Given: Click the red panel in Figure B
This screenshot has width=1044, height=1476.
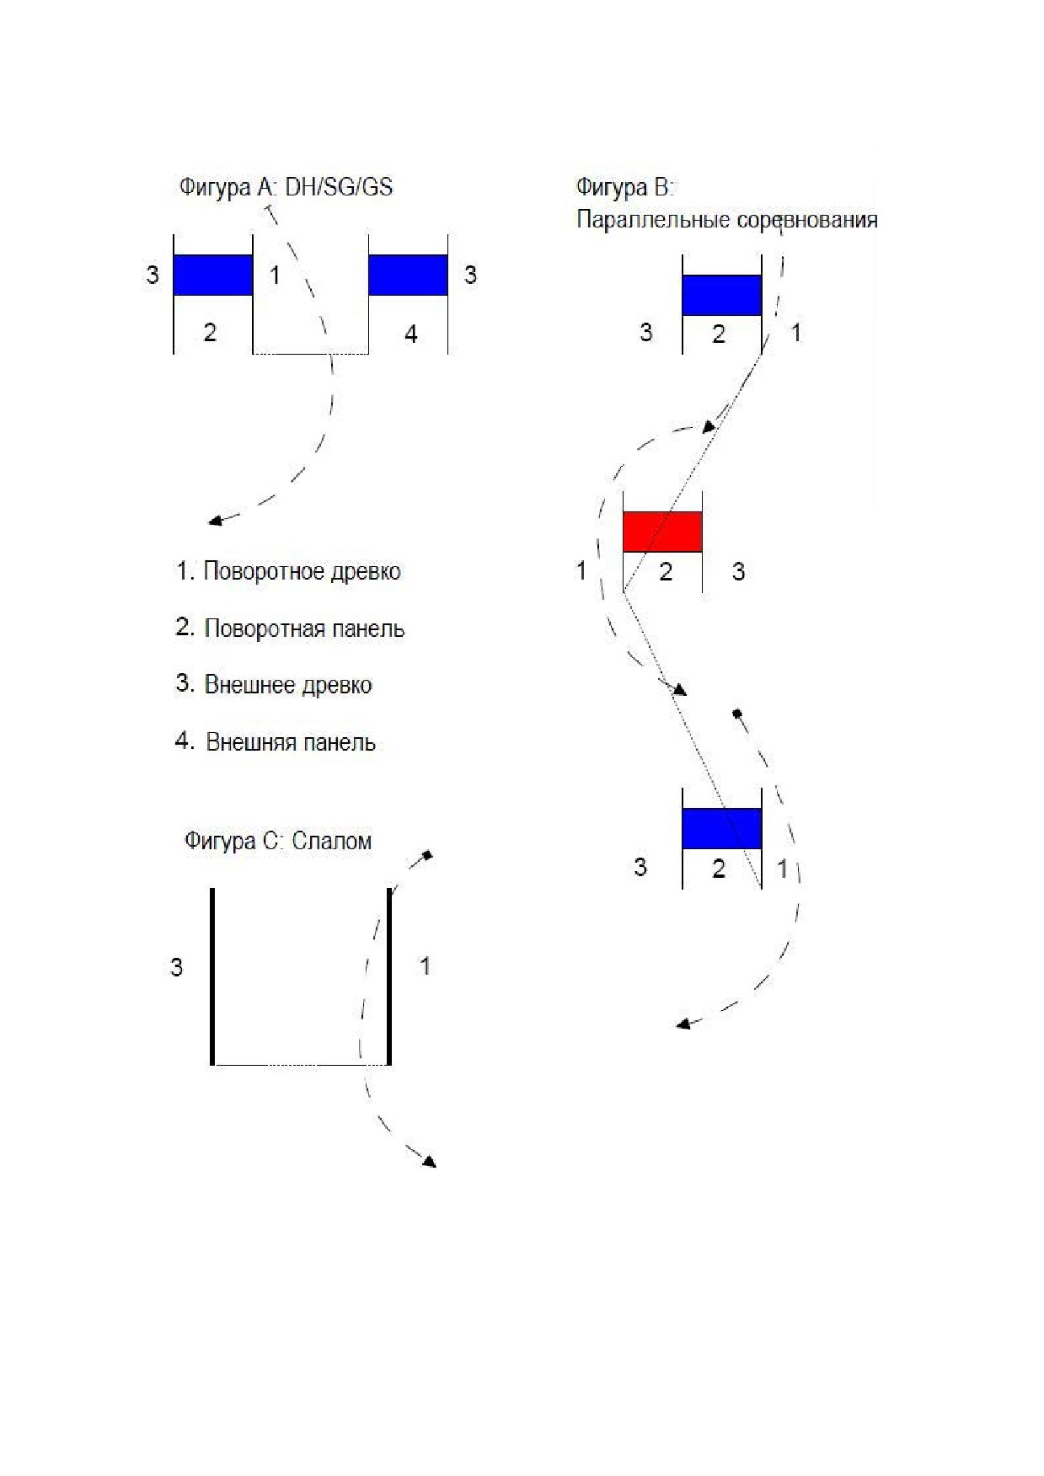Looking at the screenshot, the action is (x=662, y=532).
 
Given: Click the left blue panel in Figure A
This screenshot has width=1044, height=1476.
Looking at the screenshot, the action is (x=213, y=275).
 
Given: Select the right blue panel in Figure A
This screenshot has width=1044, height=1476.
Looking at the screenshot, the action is (x=408, y=275).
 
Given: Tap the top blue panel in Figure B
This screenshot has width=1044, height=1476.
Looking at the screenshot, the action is (x=722, y=296).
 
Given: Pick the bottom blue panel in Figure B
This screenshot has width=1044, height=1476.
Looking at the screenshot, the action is (x=722, y=828).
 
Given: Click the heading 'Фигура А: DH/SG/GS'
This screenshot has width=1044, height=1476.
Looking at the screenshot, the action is (x=286, y=186).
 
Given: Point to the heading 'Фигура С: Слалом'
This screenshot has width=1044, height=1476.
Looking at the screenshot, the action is (x=278, y=841).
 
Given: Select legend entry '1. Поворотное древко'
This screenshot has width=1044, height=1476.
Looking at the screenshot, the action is (x=288, y=571).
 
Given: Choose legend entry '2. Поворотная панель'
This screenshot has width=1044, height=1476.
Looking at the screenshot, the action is (x=290, y=628).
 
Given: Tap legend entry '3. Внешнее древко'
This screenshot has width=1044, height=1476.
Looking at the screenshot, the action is (x=274, y=684).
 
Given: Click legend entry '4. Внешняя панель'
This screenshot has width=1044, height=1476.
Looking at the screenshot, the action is (x=276, y=742).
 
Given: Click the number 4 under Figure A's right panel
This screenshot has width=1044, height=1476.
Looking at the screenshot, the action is (x=410, y=334).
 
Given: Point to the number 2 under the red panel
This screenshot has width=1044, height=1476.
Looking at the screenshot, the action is (x=666, y=572).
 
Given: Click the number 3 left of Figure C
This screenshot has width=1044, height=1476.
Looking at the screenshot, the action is (x=176, y=967).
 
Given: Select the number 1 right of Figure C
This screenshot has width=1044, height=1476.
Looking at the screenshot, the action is (x=425, y=965).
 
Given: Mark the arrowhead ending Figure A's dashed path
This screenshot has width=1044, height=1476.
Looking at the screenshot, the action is (x=215, y=521).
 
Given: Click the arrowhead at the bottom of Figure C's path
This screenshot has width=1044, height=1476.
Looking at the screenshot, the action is (x=430, y=1161).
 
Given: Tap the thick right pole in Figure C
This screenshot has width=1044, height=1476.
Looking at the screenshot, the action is (x=389, y=976).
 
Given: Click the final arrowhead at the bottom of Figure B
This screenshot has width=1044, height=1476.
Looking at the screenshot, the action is (x=684, y=1024).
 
